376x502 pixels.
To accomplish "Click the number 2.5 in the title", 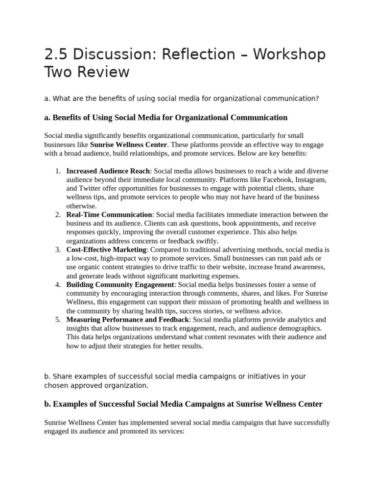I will click(x=57, y=54).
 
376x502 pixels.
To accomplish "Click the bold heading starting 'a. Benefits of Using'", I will click(x=165, y=118).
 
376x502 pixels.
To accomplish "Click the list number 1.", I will click(x=57, y=171).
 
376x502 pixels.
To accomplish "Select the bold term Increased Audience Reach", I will click(x=108, y=171).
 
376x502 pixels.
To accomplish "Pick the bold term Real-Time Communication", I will click(x=109, y=215).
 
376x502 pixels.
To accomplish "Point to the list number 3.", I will click(x=57, y=250).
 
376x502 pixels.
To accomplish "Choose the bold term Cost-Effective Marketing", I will click(x=106, y=250).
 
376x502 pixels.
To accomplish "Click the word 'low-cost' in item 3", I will click(x=85, y=259).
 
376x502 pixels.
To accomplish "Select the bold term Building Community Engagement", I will click(x=120, y=285).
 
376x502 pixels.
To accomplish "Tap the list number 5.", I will click(x=57, y=320).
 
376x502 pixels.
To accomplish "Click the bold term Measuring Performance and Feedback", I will click(x=128, y=320).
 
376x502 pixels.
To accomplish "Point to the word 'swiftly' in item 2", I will click(x=206, y=241).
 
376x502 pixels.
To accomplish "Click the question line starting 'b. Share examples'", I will click(x=175, y=381).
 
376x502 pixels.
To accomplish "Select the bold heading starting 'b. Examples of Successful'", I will click(x=183, y=404).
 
